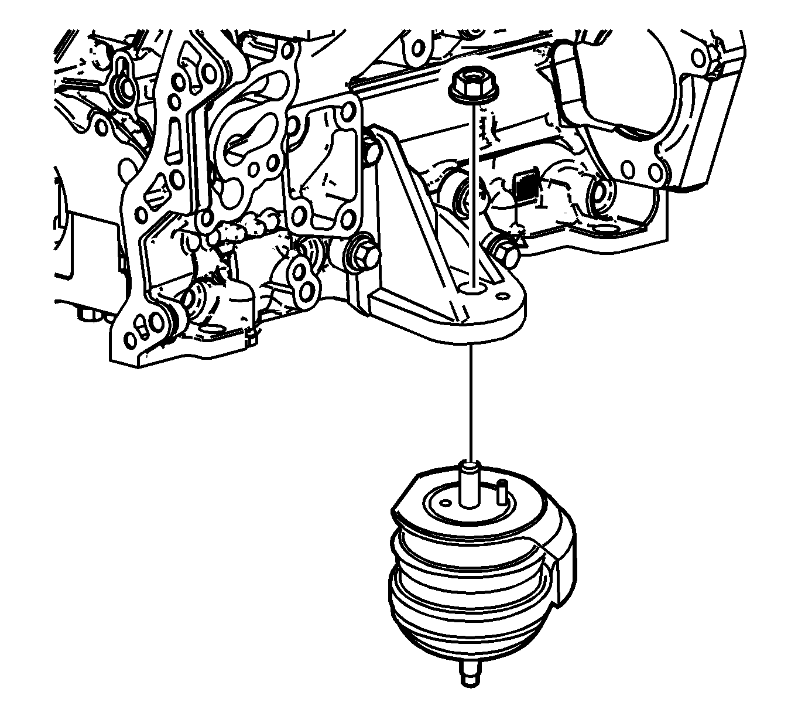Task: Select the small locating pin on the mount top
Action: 501,490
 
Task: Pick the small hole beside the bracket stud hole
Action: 501,295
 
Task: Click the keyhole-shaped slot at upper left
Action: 124,81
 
